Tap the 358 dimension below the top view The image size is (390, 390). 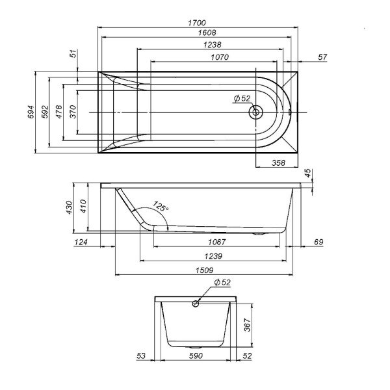278,162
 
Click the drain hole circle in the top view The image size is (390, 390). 255,112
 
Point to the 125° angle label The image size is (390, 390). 161,208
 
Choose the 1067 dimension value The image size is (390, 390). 214,242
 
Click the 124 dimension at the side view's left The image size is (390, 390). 81,242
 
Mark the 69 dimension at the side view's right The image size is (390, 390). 318,242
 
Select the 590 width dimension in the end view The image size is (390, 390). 196,356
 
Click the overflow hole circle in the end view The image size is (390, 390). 196,303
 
